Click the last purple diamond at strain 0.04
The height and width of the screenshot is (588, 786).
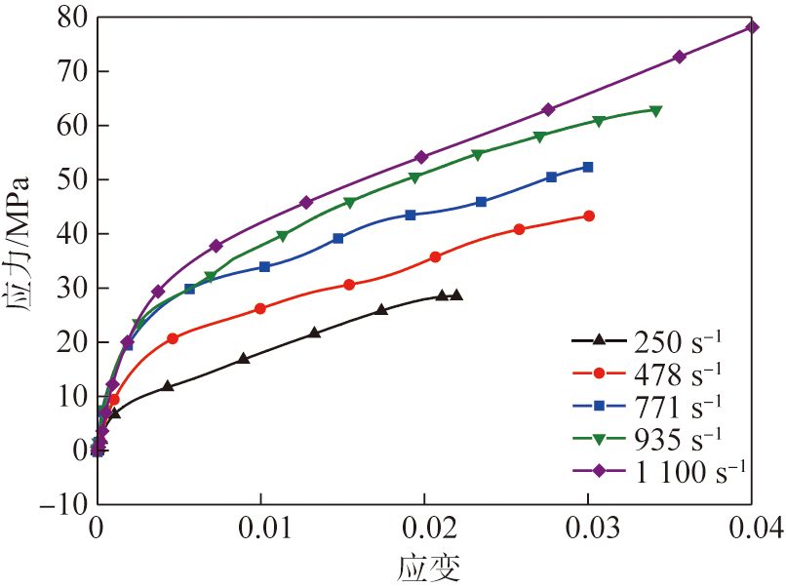(752, 27)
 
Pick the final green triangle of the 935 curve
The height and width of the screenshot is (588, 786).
(656, 111)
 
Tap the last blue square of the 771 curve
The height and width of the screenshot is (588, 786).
(588, 167)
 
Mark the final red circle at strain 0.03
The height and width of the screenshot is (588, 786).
(589, 216)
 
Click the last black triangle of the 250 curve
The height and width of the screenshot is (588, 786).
(456, 294)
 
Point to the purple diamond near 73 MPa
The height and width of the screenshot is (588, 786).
(680, 57)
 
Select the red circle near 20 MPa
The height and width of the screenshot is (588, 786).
(173, 338)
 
